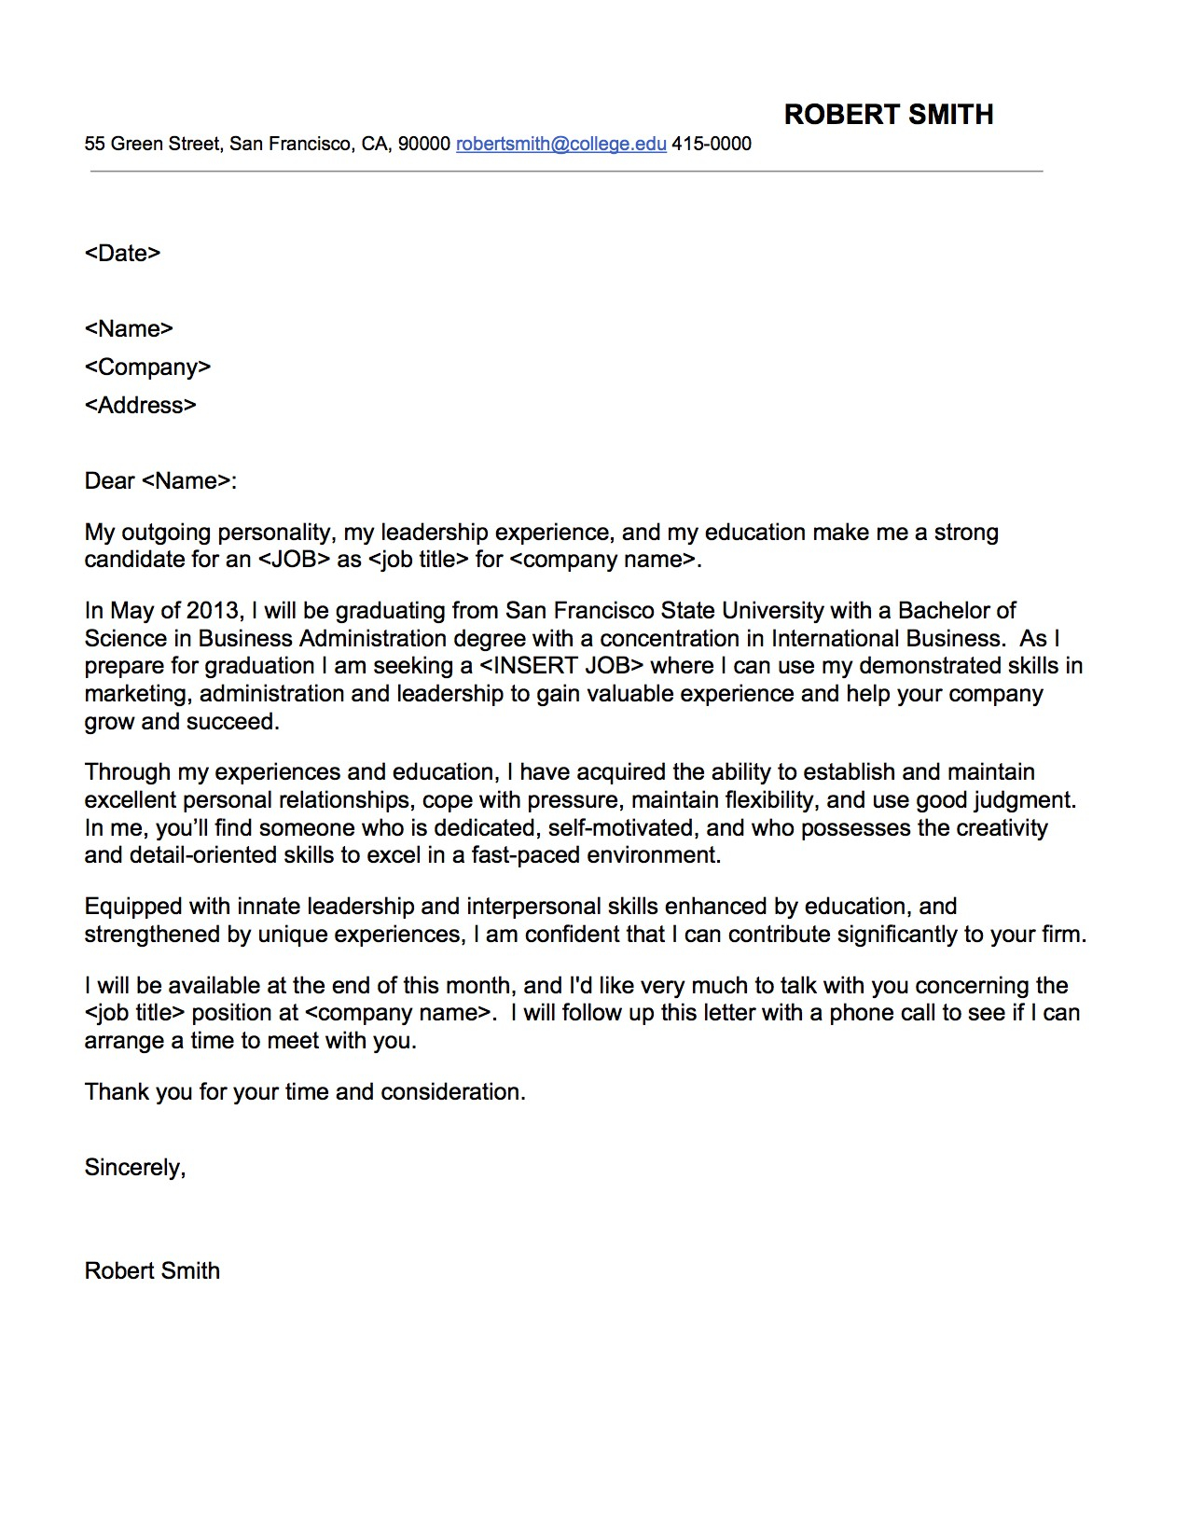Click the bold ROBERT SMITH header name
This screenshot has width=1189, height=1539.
click(x=888, y=115)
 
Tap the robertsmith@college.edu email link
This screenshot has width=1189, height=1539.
click(x=560, y=144)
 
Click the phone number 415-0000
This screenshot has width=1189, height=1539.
click(x=712, y=144)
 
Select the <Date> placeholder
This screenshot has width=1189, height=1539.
click(x=122, y=253)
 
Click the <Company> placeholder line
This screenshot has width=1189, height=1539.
click(x=147, y=367)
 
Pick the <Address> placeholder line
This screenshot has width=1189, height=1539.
click(x=140, y=405)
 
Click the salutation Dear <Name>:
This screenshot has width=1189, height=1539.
click(x=160, y=481)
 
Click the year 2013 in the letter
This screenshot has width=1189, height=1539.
click(x=214, y=611)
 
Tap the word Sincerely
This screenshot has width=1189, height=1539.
click(x=134, y=1168)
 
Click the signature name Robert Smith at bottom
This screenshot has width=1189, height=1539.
click(x=152, y=1271)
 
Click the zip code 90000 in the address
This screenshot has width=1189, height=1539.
click(x=423, y=144)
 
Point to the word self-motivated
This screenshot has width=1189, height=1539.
click(x=621, y=828)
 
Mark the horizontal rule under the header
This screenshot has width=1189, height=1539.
click(x=566, y=172)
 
